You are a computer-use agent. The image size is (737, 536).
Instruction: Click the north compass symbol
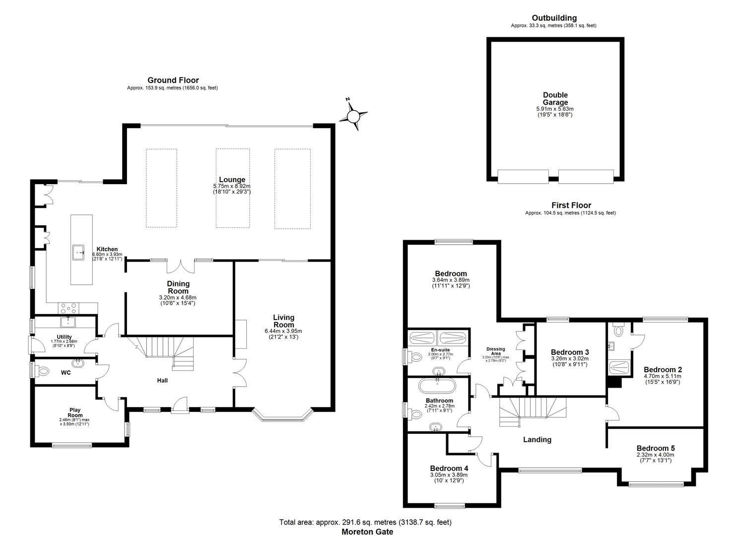(x=353, y=116)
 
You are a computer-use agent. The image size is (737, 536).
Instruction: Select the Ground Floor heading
(x=173, y=80)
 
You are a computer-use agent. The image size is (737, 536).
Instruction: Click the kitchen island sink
(x=78, y=253)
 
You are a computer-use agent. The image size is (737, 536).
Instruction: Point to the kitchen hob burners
(x=68, y=308)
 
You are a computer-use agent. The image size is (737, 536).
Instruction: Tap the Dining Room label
(x=178, y=287)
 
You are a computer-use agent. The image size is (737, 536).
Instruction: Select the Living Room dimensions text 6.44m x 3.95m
(x=283, y=331)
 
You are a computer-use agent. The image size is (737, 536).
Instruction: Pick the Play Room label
(x=75, y=412)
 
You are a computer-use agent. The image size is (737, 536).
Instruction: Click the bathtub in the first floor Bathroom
(x=437, y=385)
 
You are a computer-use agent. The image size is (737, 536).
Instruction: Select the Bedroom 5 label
(x=656, y=448)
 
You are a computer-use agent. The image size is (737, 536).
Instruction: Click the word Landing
(x=537, y=440)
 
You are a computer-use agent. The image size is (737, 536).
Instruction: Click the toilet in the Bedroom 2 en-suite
(x=618, y=330)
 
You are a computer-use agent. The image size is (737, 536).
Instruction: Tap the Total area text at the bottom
(x=365, y=522)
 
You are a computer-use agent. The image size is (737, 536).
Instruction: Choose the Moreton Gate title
(x=367, y=532)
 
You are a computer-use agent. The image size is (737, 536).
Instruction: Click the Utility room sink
(x=68, y=321)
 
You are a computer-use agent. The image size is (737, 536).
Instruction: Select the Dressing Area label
(x=495, y=351)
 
